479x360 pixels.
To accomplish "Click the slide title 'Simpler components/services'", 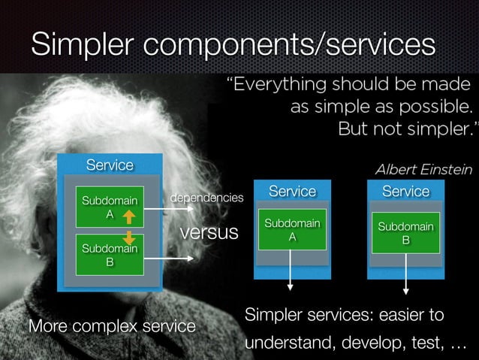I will [233, 44].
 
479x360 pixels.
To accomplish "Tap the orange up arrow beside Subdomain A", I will [128, 217].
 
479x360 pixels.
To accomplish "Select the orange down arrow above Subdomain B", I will [128, 237].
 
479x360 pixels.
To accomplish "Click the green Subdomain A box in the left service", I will [104, 207].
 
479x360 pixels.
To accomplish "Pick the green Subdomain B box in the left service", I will [109, 256].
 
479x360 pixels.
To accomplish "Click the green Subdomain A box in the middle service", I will [292, 229].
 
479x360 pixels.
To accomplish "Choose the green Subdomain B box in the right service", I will [405, 232].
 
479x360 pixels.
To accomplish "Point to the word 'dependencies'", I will [207, 198].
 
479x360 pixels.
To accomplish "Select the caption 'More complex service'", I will [112, 327].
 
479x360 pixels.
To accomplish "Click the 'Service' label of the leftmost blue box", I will [110, 165].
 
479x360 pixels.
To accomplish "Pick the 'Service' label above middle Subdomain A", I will [292, 192].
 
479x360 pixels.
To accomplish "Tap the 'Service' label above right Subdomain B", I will [405, 192].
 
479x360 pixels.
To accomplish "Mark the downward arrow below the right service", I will [406, 274].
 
